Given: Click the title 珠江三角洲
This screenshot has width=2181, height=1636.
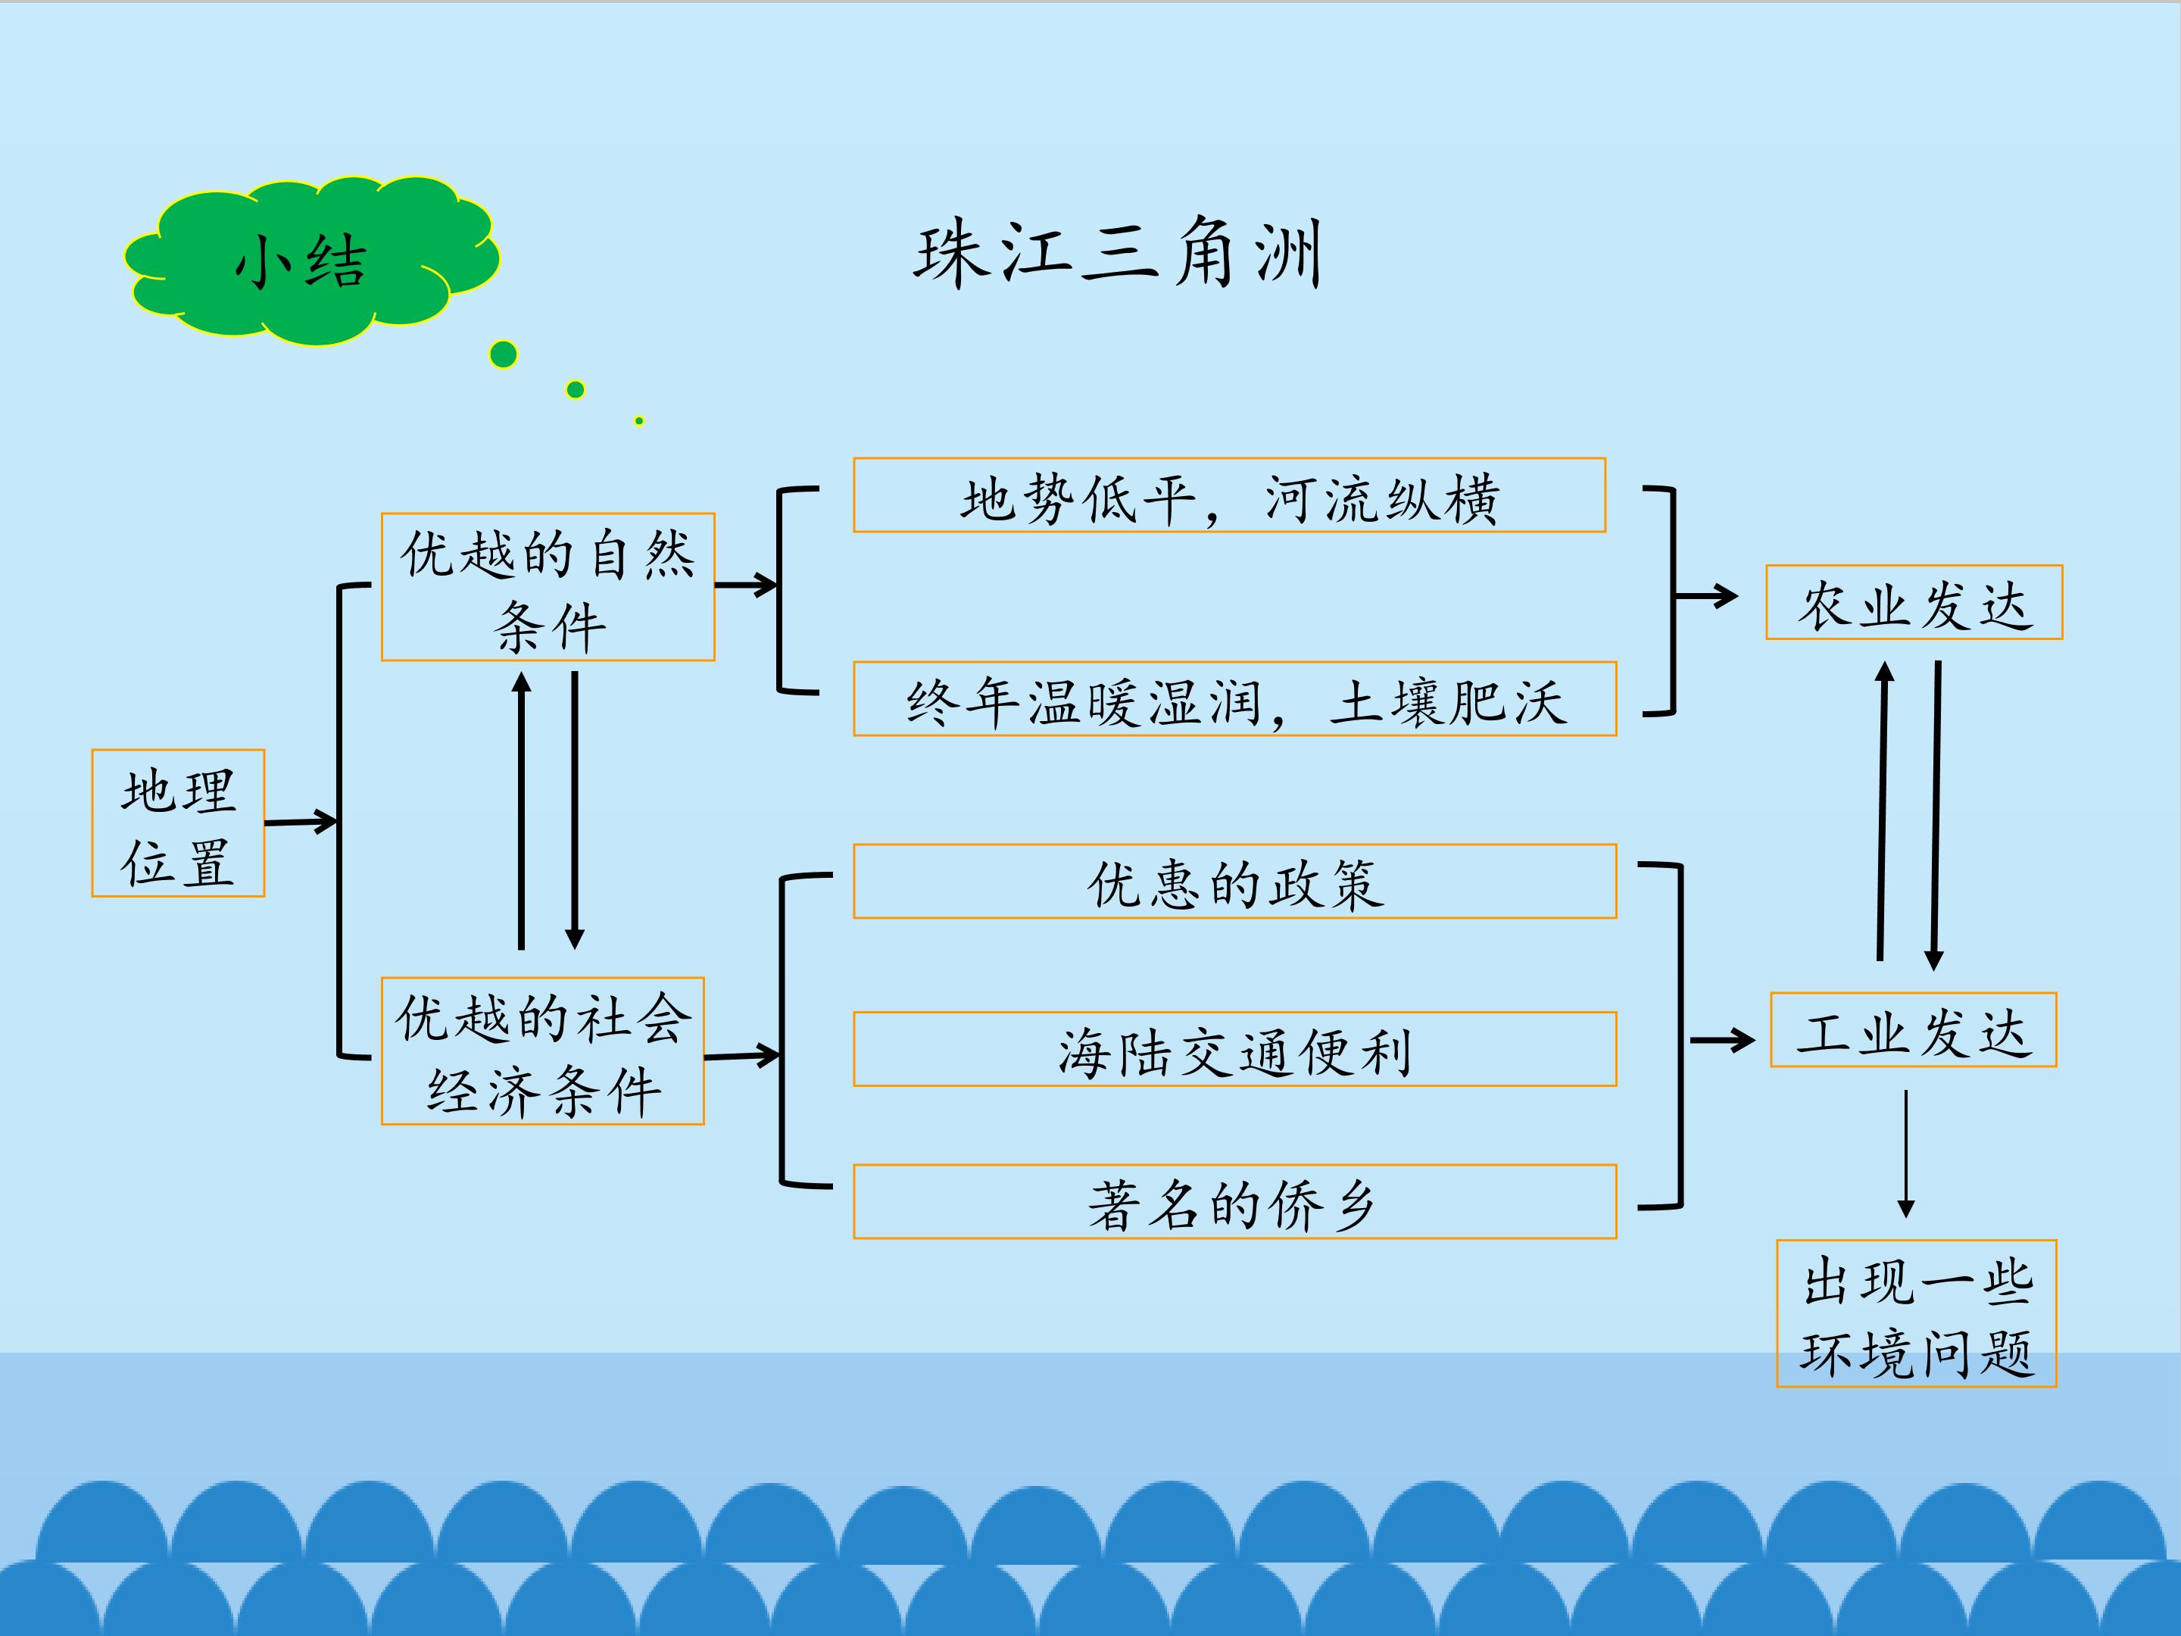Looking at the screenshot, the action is [1117, 254].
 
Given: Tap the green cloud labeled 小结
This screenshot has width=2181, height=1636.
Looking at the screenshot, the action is [310, 261].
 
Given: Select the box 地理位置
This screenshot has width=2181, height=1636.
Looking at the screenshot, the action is [179, 823].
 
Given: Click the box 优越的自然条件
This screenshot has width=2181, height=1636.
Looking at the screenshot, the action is [548, 587].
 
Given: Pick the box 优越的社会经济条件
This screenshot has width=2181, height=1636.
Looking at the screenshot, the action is [543, 1051].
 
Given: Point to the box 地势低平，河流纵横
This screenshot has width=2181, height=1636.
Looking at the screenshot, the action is [1230, 495].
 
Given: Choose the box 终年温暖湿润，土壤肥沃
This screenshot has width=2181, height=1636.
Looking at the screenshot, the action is [1235, 699].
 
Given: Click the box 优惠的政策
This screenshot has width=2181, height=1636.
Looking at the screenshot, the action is [1235, 882].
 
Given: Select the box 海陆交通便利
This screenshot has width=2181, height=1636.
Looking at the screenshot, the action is [1235, 1049].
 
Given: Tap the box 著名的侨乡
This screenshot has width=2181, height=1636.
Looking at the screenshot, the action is [1235, 1202].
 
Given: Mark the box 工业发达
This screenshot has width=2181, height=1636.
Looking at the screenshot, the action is [1914, 1029].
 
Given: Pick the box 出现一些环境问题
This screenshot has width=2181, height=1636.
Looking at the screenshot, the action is [1917, 1313].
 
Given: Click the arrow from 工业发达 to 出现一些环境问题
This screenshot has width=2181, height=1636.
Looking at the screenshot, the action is [1906, 1154].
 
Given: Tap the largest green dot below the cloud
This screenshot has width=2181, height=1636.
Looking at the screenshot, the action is [504, 354].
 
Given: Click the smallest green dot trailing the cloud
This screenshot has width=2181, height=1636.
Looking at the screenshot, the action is [640, 421].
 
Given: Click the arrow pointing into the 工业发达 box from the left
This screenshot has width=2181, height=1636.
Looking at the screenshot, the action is [1723, 1039].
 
